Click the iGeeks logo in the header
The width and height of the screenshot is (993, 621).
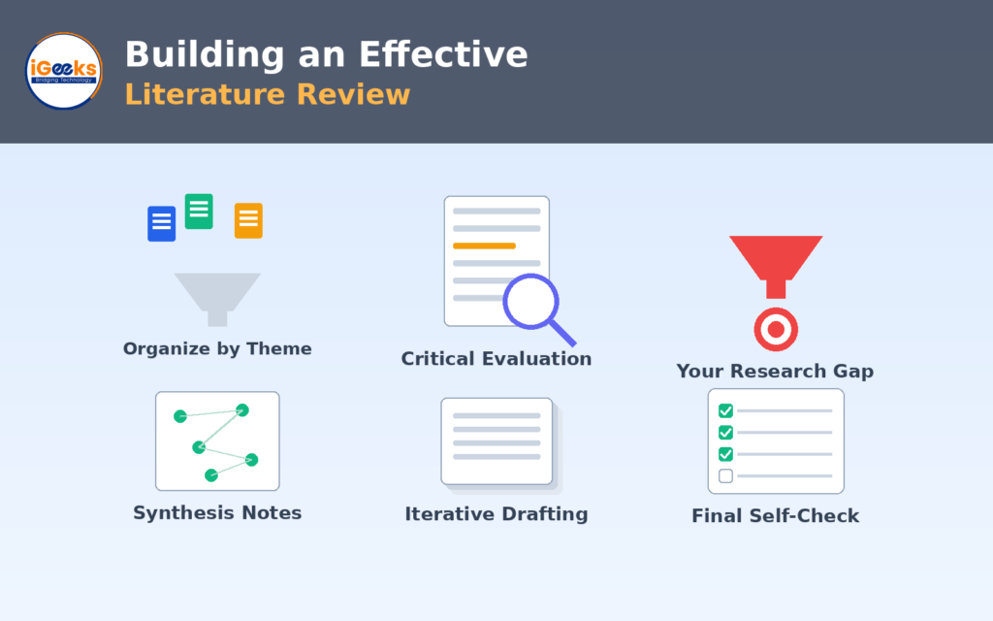pyautogui.click(x=63, y=70)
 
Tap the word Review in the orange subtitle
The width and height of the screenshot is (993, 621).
pyautogui.click(x=353, y=94)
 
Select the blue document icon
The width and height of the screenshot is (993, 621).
pyautogui.click(x=162, y=224)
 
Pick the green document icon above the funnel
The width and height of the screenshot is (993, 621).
pyautogui.click(x=199, y=211)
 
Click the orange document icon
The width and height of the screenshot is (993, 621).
pyautogui.click(x=248, y=220)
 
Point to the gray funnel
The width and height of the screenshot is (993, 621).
pyautogui.click(x=217, y=299)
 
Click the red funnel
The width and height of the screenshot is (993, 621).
pyautogui.click(x=776, y=266)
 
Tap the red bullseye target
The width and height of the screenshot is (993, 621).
pyautogui.click(x=776, y=330)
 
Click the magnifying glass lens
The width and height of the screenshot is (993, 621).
pyautogui.click(x=530, y=302)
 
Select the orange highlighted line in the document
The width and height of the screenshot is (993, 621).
pyautogui.click(x=484, y=245)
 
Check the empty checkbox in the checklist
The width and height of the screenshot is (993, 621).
pyautogui.click(x=725, y=475)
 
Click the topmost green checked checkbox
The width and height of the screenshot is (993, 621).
pyautogui.click(x=725, y=410)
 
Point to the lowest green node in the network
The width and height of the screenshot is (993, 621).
pyautogui.click(x=211, y=475)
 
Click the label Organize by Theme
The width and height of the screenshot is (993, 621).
pyautogui.click(x=217, y=348)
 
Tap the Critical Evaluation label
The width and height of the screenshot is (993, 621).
pyautogui.click(x=496, y=359)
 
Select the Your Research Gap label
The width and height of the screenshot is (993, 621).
pyautogui.click(x=775, y=371)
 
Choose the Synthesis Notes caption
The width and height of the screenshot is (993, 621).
pyautogui.click(x=217, y=512)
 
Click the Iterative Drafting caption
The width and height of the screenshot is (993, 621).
pyautogui.click(x=496, y=514)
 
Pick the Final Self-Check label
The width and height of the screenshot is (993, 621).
pyautogui.click(x=775, y=516)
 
